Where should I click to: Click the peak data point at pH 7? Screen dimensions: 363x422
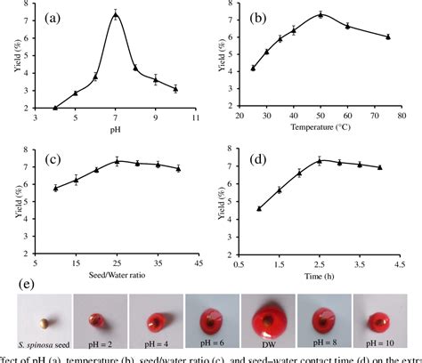(x=115, y=14)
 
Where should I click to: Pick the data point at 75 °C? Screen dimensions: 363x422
(x=388, y=36)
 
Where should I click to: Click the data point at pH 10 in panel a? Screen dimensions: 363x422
(x=175, y=89)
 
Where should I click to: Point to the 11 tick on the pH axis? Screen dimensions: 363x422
(x=195, y=117)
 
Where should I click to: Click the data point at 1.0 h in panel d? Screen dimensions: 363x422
(x=259, y=208)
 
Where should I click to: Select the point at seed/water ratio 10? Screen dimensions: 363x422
(x=55, y=188)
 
